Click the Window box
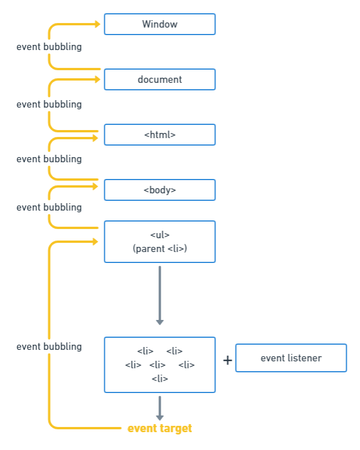tap(160, 24)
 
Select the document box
tap(160, 79)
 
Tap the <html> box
tap(160, 135)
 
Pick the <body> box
tap(160, 190)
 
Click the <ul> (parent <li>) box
tap(160, 242)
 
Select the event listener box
tap(291, 358)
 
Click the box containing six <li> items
tap(160, 365)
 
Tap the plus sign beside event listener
tap(228, 360)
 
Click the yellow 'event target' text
tap(160, 429)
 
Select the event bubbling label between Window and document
tap(49, 47)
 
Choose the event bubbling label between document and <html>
tap(49, 105)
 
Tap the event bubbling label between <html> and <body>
tap(49, 159)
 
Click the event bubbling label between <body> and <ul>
tap(49, 207)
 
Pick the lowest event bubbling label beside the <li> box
tap(49, 347)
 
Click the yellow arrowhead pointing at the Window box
tap(97, 24)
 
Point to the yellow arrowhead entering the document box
tap(97, 79)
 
